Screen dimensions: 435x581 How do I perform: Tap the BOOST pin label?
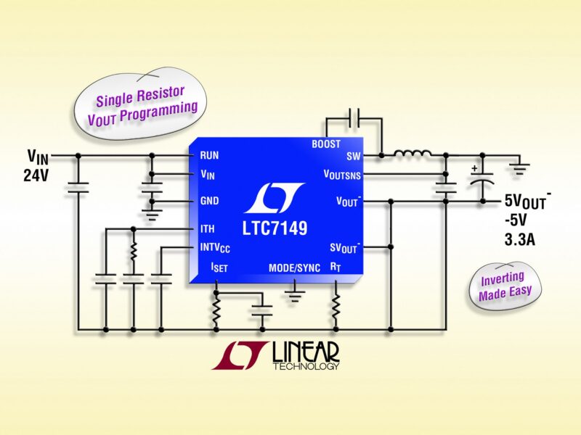click(325, 144)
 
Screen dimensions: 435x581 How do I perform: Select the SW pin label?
click(353, 155)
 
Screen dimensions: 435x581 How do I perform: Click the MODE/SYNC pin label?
click(294, 268)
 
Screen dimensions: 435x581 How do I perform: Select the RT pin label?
click(336, 268)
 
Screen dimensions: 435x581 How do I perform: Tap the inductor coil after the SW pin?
click(412, 154)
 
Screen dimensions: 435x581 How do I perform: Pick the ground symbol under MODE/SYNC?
click(294, 294)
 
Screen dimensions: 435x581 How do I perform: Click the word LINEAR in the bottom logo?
click(305, 352)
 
